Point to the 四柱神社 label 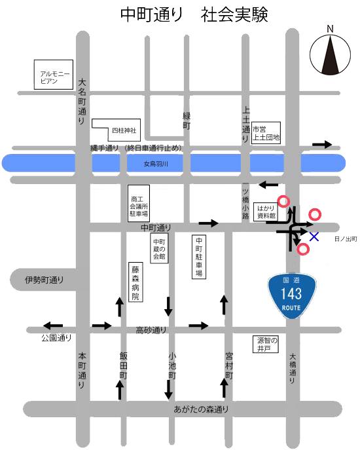click(x=122, y=130)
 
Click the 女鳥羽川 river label click(x=156, y=164)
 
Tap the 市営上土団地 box click(x=266, y=134)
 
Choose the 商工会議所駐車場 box click(x=139, y=206)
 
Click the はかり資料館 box click(x=266, y=210)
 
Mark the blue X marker click(x=314, y=236)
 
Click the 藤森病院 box click(x=135, y=282)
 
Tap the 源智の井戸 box click(x=266, y=345)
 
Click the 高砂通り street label click(x=151, y=330)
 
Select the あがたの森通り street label click(x=202, y=410)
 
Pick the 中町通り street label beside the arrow click(x=156, y=227)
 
